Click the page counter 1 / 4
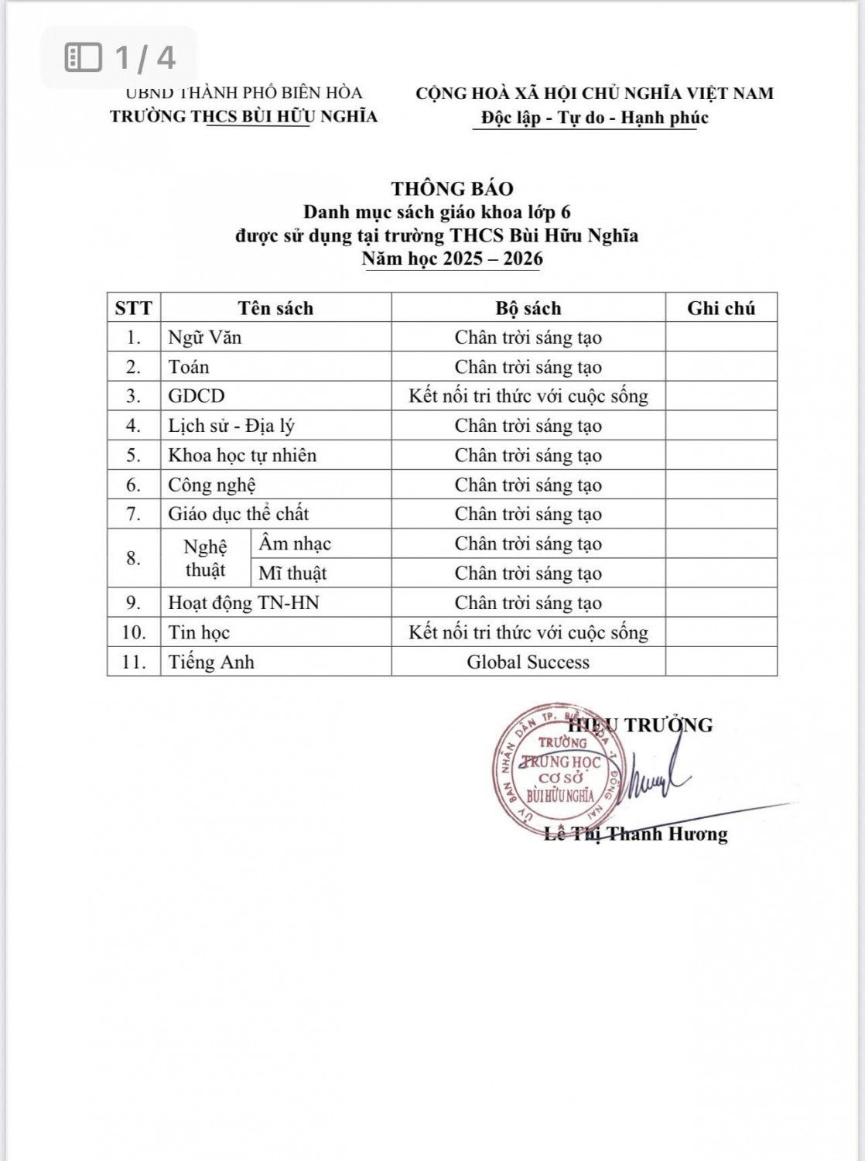pos(121,57)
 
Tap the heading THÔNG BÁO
pos(452,188)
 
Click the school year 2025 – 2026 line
pos(452,259)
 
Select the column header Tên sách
pos(275,308)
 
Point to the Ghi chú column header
pos(720,308)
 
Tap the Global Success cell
pos(528,662)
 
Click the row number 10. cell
pos(134,632)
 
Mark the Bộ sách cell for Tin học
pos(528,632)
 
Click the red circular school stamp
pos(558,769)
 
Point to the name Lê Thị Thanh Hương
pos(636,834)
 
